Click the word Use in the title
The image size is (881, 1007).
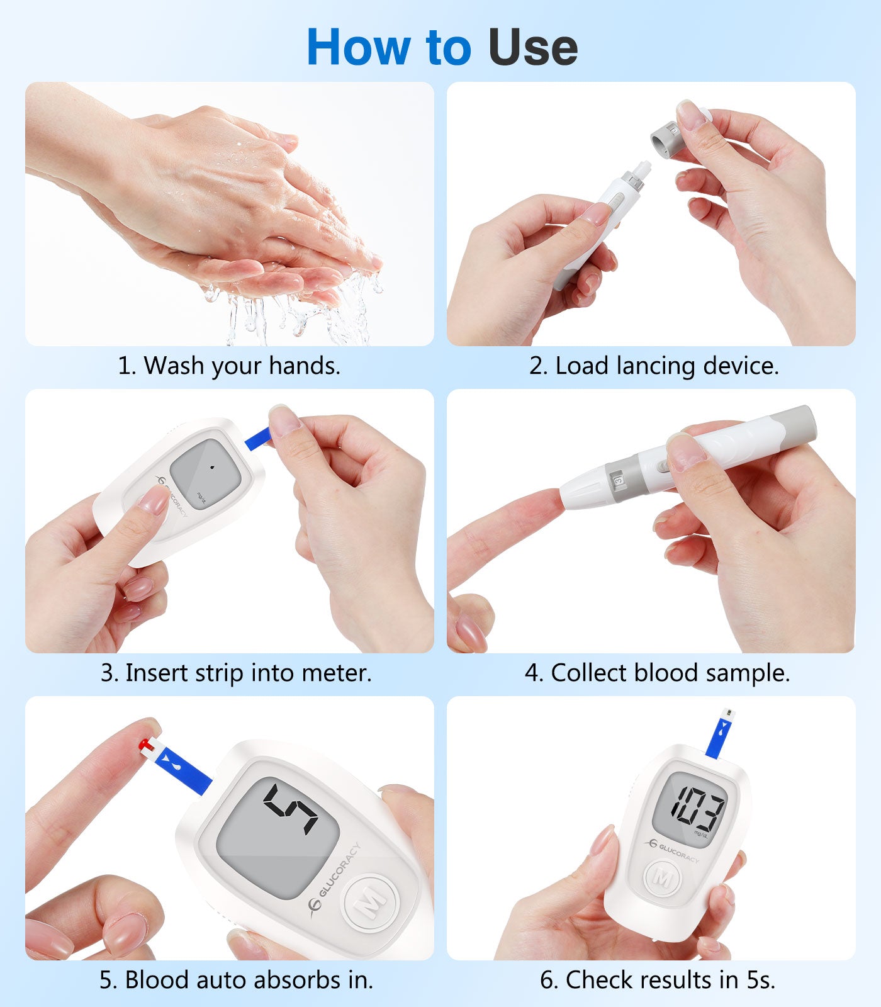click(532, 47)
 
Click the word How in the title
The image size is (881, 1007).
click(357, 47)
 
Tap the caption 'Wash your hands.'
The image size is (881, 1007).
click(242, 366)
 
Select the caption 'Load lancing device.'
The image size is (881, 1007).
click(667, 366)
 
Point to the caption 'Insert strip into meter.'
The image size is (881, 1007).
click(249, 673)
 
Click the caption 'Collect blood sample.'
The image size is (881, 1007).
click(670, 673)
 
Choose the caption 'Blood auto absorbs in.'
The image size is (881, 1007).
click(249, 980)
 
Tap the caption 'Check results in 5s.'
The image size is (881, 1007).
click(670, 980)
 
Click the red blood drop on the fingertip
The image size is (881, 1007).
click(146, 746)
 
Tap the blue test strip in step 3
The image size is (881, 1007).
click(256, 439)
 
